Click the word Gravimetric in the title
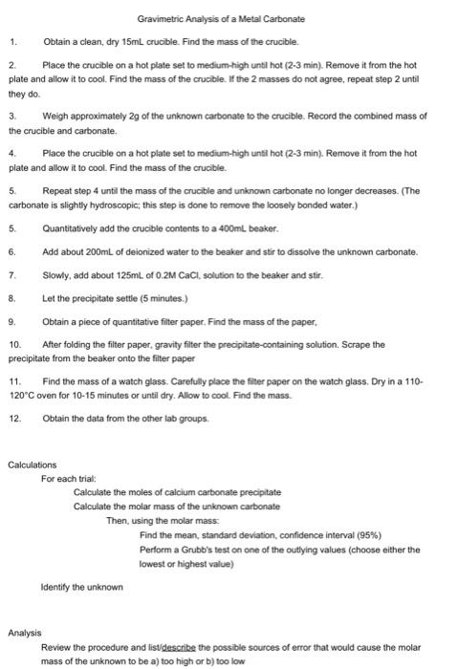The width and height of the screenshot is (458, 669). [160, 19]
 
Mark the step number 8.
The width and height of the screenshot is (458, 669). [12, 297]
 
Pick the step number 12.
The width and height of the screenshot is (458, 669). [14, 418]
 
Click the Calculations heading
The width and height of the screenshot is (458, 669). [32, 465]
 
